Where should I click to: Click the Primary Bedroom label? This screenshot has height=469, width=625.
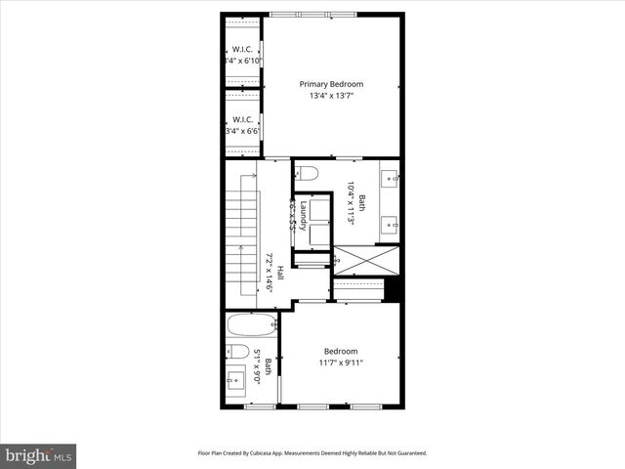[332, 84]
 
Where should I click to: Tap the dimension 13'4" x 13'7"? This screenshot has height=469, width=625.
[332, 96]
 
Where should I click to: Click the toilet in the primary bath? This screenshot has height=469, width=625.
[308, 174]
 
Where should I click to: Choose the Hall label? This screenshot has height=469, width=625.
[279, 275]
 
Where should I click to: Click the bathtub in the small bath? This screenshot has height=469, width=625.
[250, 324]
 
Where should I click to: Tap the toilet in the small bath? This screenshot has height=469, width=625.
[237, 351]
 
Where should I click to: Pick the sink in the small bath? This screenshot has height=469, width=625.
[235, 380]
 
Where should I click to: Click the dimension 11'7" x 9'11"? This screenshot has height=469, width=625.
[341, 363]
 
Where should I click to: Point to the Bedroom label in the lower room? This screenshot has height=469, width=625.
[341, 351]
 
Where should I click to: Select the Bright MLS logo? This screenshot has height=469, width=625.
[38, 454]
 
